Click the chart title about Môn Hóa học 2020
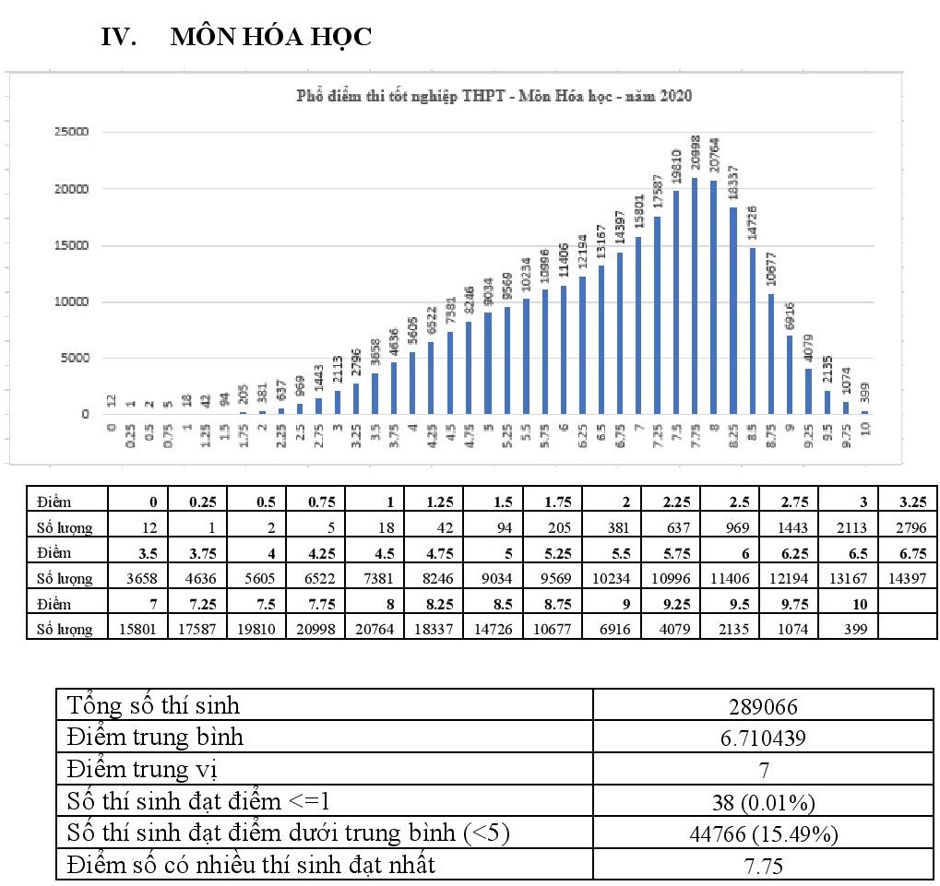tap(494, 96)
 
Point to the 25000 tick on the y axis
tap(70, 132)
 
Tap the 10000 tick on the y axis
tap(70, 301)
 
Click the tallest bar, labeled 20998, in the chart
tap(695, 296)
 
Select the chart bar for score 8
tap(713, 297)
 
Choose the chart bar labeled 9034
tap(488, 363)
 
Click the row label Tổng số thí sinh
tap(153, 707)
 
